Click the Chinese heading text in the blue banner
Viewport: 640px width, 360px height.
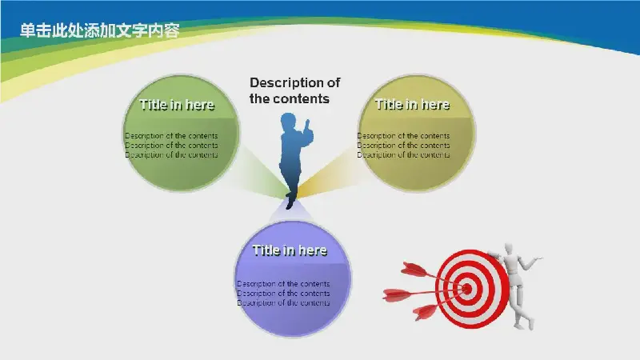(x=99, y=30)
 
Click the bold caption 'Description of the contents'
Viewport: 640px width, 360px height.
(x=294, y=90)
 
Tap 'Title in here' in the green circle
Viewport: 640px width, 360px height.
(x=177, y=105)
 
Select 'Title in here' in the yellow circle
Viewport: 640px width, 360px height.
(x=412, y=105)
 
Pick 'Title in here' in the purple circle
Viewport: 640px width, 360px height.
(x=290, y=250)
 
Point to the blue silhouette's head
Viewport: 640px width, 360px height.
(x=288, y=122)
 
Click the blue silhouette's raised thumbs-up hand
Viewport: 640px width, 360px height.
(x=307, y=126)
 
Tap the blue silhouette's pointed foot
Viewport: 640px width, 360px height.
(x=289, y=203)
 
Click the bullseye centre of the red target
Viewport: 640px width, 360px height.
(x=467, y=289)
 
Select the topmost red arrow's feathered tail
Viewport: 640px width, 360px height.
(x=414, y=270)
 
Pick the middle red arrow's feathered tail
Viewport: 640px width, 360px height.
(x=396, y=294)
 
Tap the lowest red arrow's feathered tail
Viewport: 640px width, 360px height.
(x=425, y=312)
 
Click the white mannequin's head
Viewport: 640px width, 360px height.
(x=509, y=249)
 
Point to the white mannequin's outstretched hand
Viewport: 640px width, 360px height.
(x=538, y=258)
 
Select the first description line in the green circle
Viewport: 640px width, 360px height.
(x=171, y=135)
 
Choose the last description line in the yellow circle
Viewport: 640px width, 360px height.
(x=404, y=154)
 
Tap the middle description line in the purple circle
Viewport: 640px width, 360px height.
(x=283, y=293)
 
